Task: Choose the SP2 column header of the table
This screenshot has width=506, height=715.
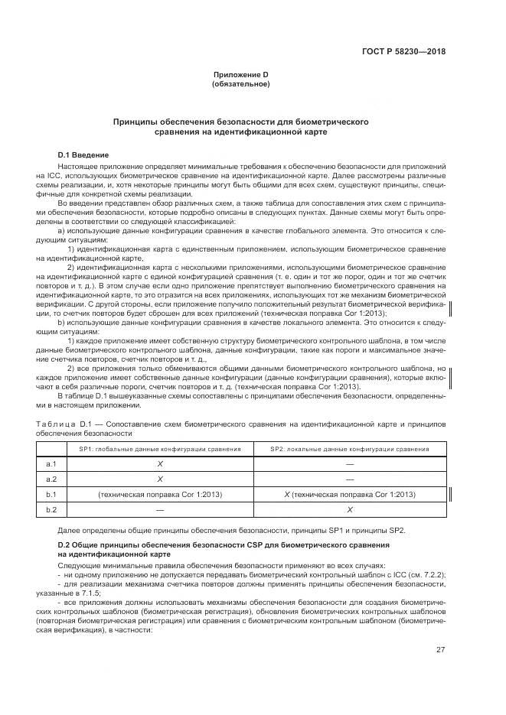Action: pos(349,449)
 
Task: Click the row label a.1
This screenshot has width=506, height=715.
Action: pos(52,464)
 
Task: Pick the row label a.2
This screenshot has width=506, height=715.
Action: pos(52,479)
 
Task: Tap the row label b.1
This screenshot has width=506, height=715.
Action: pos(52,495)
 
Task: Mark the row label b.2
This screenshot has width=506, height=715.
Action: pos(52,510)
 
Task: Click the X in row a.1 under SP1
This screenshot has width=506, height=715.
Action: pos(160,464)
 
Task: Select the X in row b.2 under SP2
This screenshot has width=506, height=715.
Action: pos(349,510)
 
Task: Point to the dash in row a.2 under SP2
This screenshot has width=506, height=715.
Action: pos(349,479)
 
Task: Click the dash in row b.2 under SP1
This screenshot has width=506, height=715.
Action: pos(160,510)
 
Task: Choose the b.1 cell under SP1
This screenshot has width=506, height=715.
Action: pos(160,495)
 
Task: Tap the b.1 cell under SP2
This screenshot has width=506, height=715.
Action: pos(349,495)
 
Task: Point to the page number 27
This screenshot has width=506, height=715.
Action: pos(440,650)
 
